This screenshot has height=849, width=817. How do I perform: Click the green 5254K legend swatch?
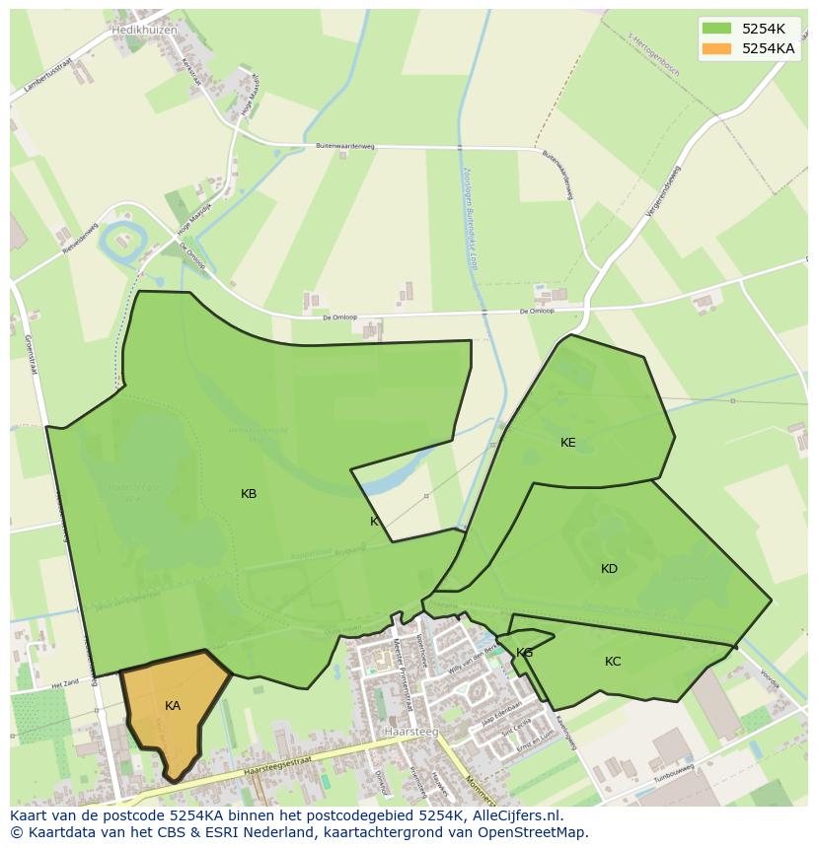(x=716, y=29)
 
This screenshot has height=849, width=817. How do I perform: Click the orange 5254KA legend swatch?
(x=716, y=48)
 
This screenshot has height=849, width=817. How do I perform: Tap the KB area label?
(x=249, y=494)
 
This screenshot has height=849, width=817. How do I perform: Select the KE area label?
(x=568, y=443)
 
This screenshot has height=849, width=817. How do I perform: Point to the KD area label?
(x=609, y=569)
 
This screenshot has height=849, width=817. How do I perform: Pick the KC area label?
(x=613, y=662)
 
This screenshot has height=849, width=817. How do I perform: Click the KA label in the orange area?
(x=173, y=706)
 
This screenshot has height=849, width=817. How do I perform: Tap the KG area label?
(x=524, y=653)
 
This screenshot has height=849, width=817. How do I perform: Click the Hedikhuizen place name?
(x=144, y=31)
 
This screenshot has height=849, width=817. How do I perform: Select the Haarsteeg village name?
(x=410, y=732)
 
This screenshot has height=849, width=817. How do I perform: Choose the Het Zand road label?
(x=65, y=682)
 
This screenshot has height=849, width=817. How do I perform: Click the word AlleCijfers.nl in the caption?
(x=516, y=815)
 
